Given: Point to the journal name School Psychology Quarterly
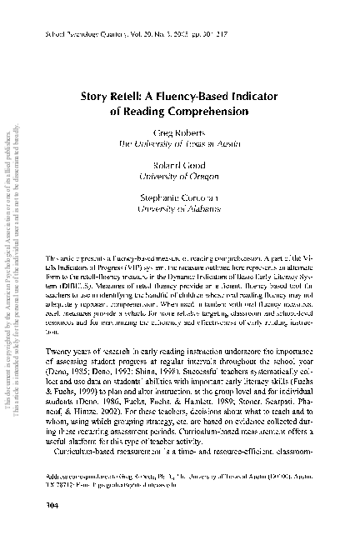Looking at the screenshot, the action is pos(98,38).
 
